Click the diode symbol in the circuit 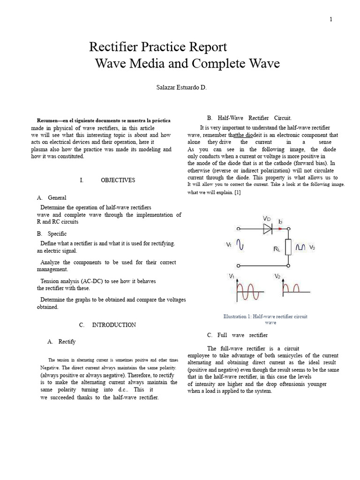(268, 229)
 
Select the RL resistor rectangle (288, 247)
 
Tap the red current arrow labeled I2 (280, 229)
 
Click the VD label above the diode (266, 219)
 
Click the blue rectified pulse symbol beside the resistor (300, 247)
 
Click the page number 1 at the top (331, 19)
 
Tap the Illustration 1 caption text (266, 317)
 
